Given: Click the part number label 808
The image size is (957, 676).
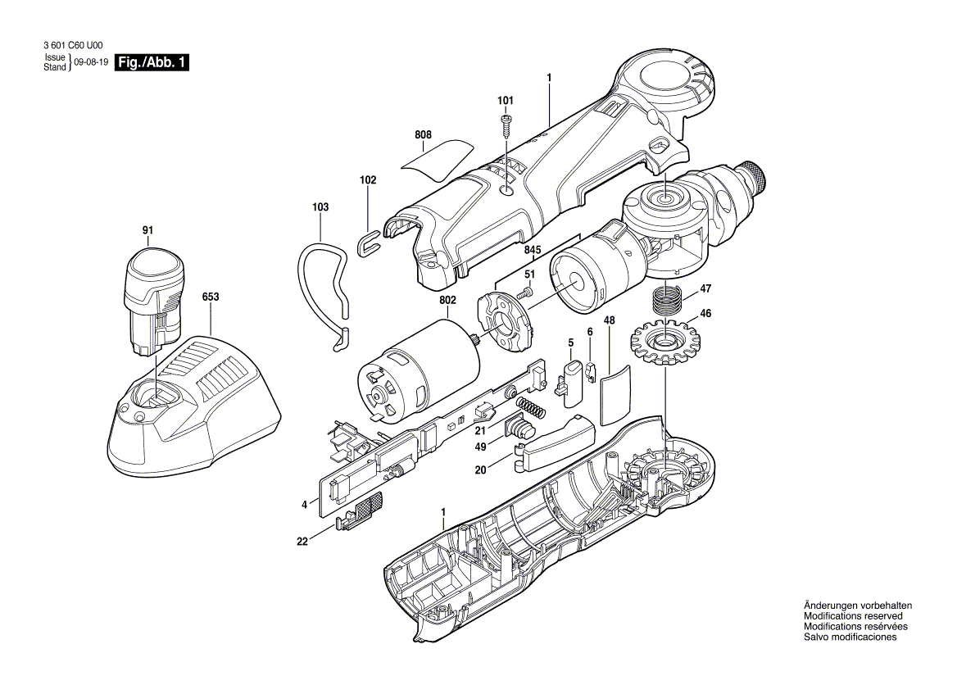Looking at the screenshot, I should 423,134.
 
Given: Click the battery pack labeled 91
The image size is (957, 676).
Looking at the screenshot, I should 155,304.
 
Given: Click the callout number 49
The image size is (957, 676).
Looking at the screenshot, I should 482,447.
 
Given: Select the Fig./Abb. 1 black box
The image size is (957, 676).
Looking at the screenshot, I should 152,63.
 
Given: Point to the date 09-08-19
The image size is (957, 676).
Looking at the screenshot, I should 91,62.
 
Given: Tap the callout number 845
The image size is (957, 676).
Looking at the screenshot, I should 533,250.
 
